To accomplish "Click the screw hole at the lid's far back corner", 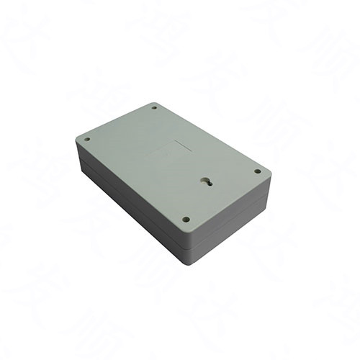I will pyautogui.click(x=154, y=109).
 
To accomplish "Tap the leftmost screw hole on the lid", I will pyautogui.click(x=87, y=139).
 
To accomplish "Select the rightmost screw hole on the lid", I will pyautogui.click(x=257, y=171).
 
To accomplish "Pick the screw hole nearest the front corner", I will pyautogui.click(x=186, y=219).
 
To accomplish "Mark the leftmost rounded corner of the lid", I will pyautogui.click(x=77, y=140).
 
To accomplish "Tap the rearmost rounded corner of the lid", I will pyautogui.click(x=154, y=103).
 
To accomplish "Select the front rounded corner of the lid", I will pyautogui.click(x=189, y=230).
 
